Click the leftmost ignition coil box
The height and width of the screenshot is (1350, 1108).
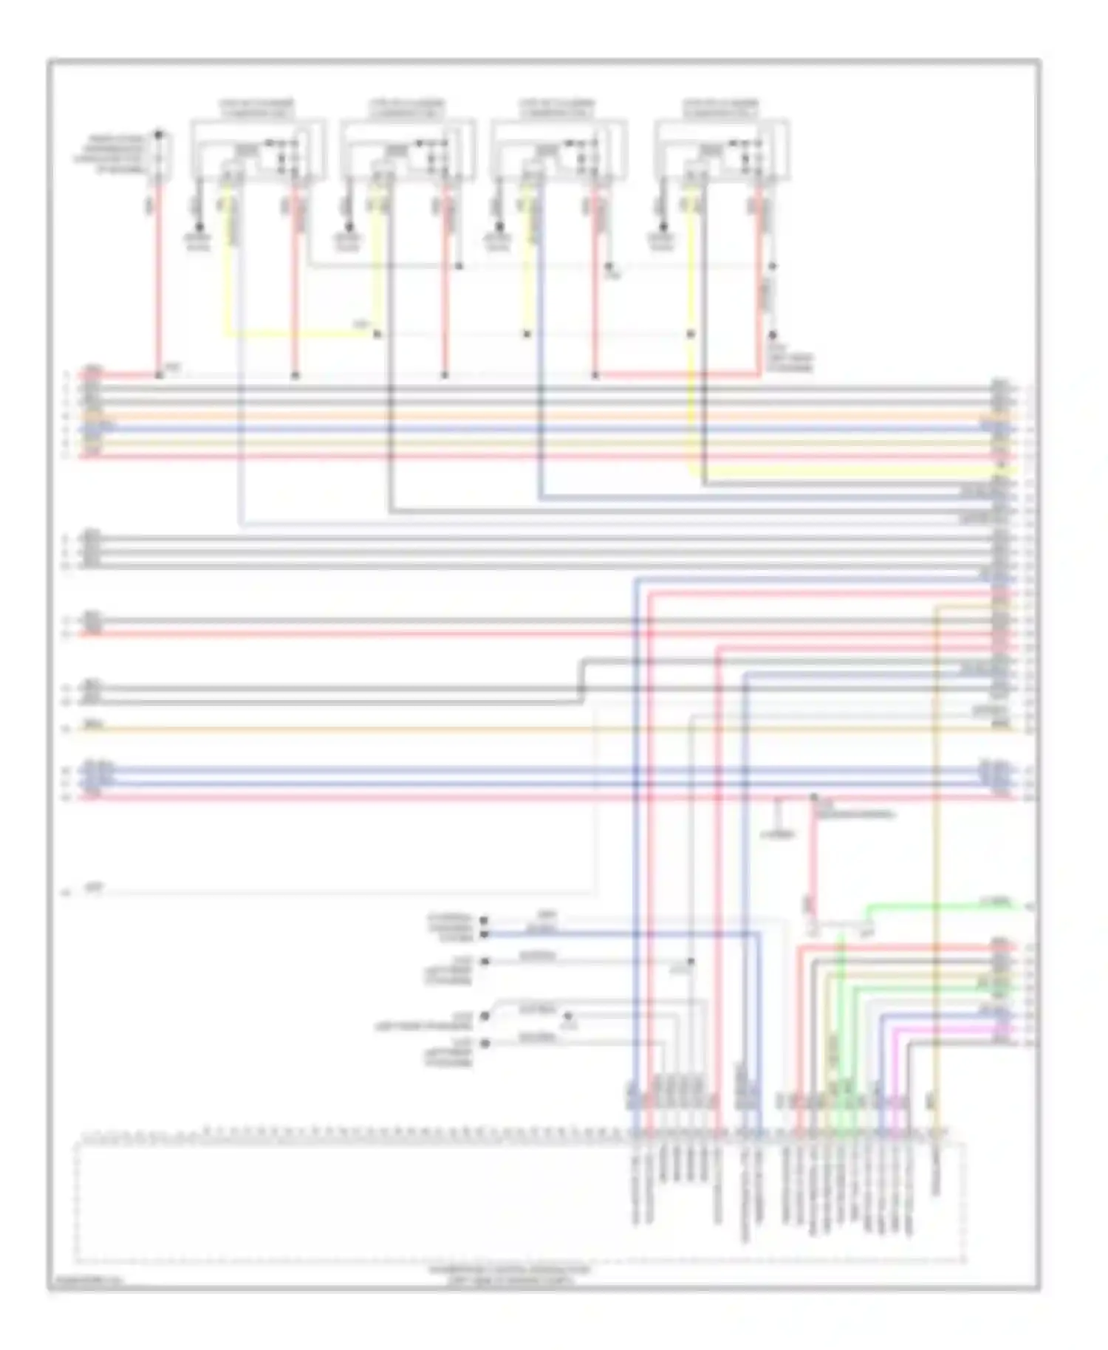258,150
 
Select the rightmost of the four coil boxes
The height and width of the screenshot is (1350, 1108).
722,150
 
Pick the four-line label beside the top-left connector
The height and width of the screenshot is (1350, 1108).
118,154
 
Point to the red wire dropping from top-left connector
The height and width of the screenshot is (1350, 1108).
159,281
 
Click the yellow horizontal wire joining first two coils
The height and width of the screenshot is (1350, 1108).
295,335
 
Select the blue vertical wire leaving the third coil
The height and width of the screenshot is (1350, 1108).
540,332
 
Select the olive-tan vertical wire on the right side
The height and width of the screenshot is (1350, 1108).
936,849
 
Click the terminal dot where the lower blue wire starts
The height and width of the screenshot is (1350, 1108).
485,934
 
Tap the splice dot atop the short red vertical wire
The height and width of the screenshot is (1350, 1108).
813,797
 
